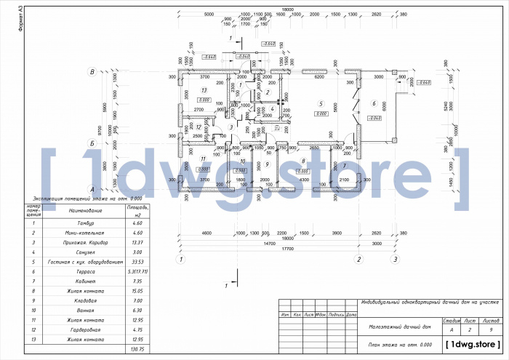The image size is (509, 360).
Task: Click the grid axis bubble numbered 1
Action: click(x=181, y=258)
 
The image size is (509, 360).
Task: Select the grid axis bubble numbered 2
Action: click(x=358, y=258)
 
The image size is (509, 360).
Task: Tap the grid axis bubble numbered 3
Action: click(x=395, y=258)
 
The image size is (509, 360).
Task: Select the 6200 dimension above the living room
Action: click(x=318, y=76)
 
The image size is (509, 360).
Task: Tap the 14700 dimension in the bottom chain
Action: click(x=270, y=243)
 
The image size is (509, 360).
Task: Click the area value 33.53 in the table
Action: click(x=134, y=261)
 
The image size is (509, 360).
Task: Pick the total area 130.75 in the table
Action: click(x=134, y=348)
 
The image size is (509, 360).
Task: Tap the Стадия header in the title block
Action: click(x=450, y=319)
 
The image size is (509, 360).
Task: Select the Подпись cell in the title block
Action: click(x=336, y=314)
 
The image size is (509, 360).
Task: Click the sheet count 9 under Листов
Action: click(x=491, y=329)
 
